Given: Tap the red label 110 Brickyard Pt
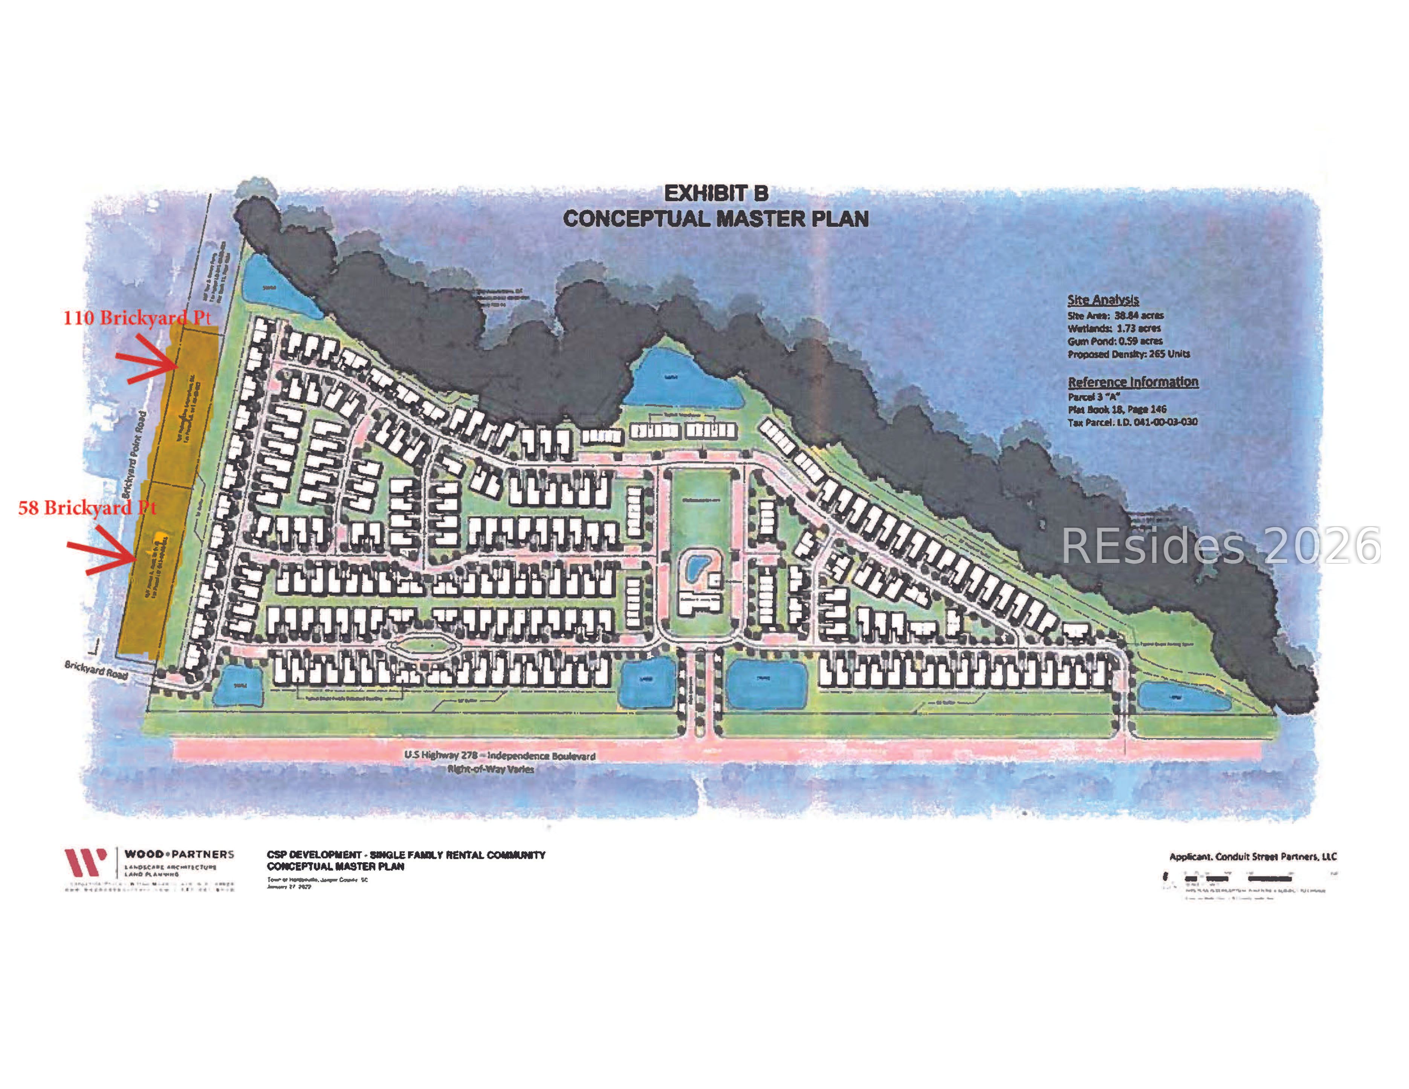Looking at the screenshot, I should [x=137, y=317].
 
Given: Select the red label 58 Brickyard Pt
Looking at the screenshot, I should [x=87, y=508].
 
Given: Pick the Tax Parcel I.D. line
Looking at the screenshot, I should [x=1132, y=422].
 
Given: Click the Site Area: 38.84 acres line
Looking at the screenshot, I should [x=1116, y=315].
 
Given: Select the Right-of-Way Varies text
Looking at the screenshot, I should [x=490, y=769].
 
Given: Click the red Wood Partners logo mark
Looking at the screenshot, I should [x=84, y=862].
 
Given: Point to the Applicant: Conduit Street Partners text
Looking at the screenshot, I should [x=1253, y=857].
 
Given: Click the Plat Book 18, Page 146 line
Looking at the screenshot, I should [x=1117, y=409].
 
